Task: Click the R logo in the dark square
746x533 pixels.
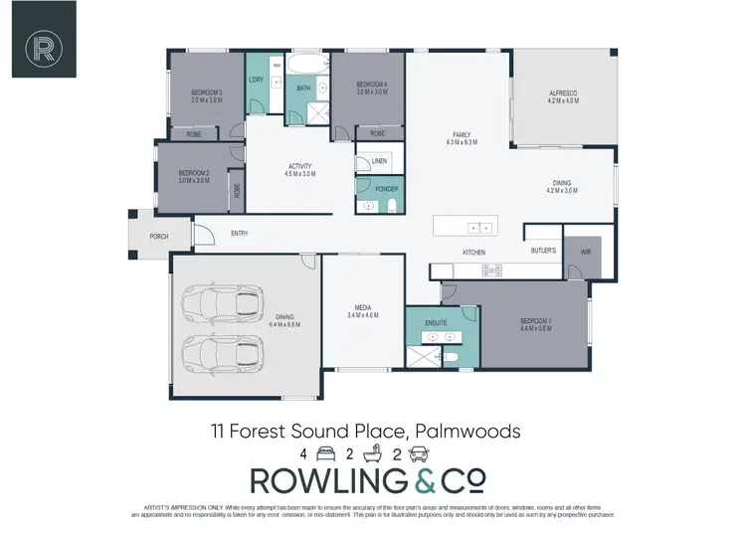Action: (43, 46)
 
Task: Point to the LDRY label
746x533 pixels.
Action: (256, 80)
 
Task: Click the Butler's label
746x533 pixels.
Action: (543, 251)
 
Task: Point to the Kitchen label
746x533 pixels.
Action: (473, 253)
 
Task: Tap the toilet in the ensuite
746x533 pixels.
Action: (450, 354)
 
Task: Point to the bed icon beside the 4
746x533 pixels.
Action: (323, 453)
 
